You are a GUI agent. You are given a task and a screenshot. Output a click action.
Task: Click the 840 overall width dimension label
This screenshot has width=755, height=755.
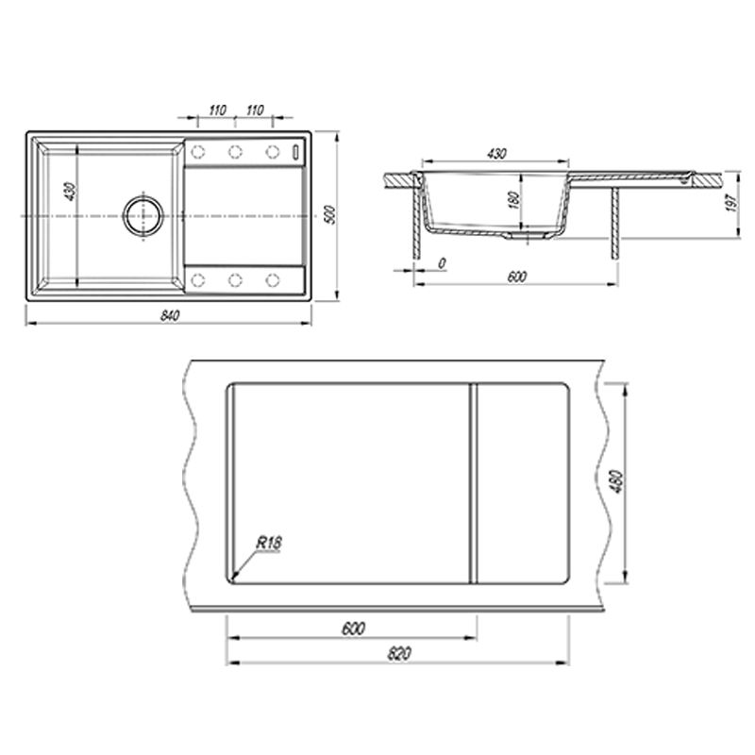170,316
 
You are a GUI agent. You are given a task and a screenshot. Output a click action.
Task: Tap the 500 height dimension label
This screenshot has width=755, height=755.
329,214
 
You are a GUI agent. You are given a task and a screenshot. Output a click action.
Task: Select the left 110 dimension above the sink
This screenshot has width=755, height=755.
217,110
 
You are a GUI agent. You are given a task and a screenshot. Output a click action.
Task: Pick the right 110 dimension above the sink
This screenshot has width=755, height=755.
255,110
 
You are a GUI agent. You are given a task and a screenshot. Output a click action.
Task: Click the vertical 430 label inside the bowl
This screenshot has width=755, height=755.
70,192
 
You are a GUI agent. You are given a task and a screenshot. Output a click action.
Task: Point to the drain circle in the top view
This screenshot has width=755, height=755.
143,216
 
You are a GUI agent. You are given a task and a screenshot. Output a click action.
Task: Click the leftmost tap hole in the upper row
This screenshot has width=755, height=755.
198,152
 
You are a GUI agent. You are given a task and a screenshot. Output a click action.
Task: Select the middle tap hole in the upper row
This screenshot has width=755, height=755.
235,152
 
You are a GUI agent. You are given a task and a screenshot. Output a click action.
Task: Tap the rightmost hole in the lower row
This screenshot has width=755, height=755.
273,279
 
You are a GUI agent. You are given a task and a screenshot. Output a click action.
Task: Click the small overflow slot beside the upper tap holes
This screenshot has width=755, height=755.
295,152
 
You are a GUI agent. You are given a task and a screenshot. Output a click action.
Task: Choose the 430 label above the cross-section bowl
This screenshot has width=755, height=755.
496,154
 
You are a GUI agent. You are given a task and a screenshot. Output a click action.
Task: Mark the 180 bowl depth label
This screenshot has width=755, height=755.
513,200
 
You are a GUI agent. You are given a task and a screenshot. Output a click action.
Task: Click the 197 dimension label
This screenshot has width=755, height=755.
732,202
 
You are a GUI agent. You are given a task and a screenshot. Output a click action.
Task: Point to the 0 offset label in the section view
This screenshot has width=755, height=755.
442,263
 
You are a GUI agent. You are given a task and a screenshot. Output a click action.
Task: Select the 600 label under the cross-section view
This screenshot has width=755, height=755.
516,277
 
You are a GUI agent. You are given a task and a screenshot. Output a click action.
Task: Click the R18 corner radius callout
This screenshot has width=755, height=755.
269,544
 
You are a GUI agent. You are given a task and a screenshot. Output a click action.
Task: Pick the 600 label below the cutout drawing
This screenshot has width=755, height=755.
353,629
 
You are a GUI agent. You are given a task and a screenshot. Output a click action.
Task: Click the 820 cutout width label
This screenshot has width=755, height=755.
399,654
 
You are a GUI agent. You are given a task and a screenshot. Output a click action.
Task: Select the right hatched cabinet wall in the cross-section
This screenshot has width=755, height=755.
615,224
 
